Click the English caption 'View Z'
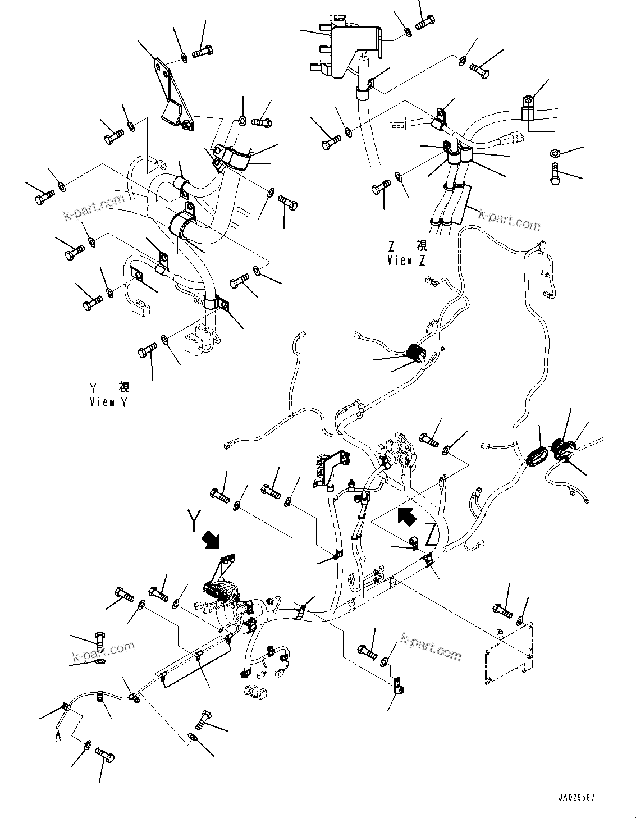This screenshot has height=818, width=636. [406, 261]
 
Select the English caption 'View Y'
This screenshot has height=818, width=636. [109, 402]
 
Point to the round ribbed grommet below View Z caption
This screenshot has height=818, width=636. [416, 354]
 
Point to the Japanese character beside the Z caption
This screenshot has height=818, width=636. [420, 246]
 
